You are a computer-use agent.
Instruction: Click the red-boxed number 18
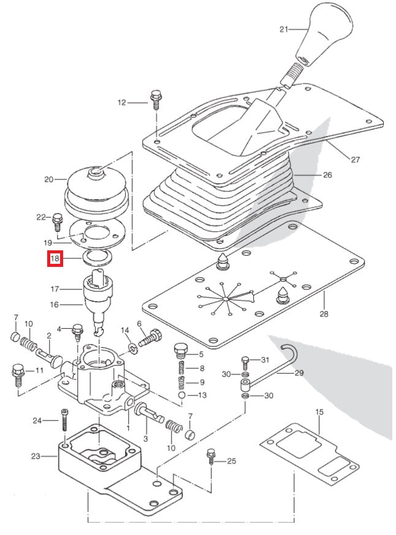click(x=55, y=259)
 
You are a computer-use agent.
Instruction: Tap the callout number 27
click(x=355, y=160)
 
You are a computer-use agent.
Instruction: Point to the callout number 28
click(x=324, y=314)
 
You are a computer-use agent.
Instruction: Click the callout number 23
click(x=35, y=455)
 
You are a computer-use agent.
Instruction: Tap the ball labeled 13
click(x=182, y=396)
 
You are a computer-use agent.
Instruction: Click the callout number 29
click(x=299, y=372)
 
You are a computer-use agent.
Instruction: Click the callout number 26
click(x=327, y=175)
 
